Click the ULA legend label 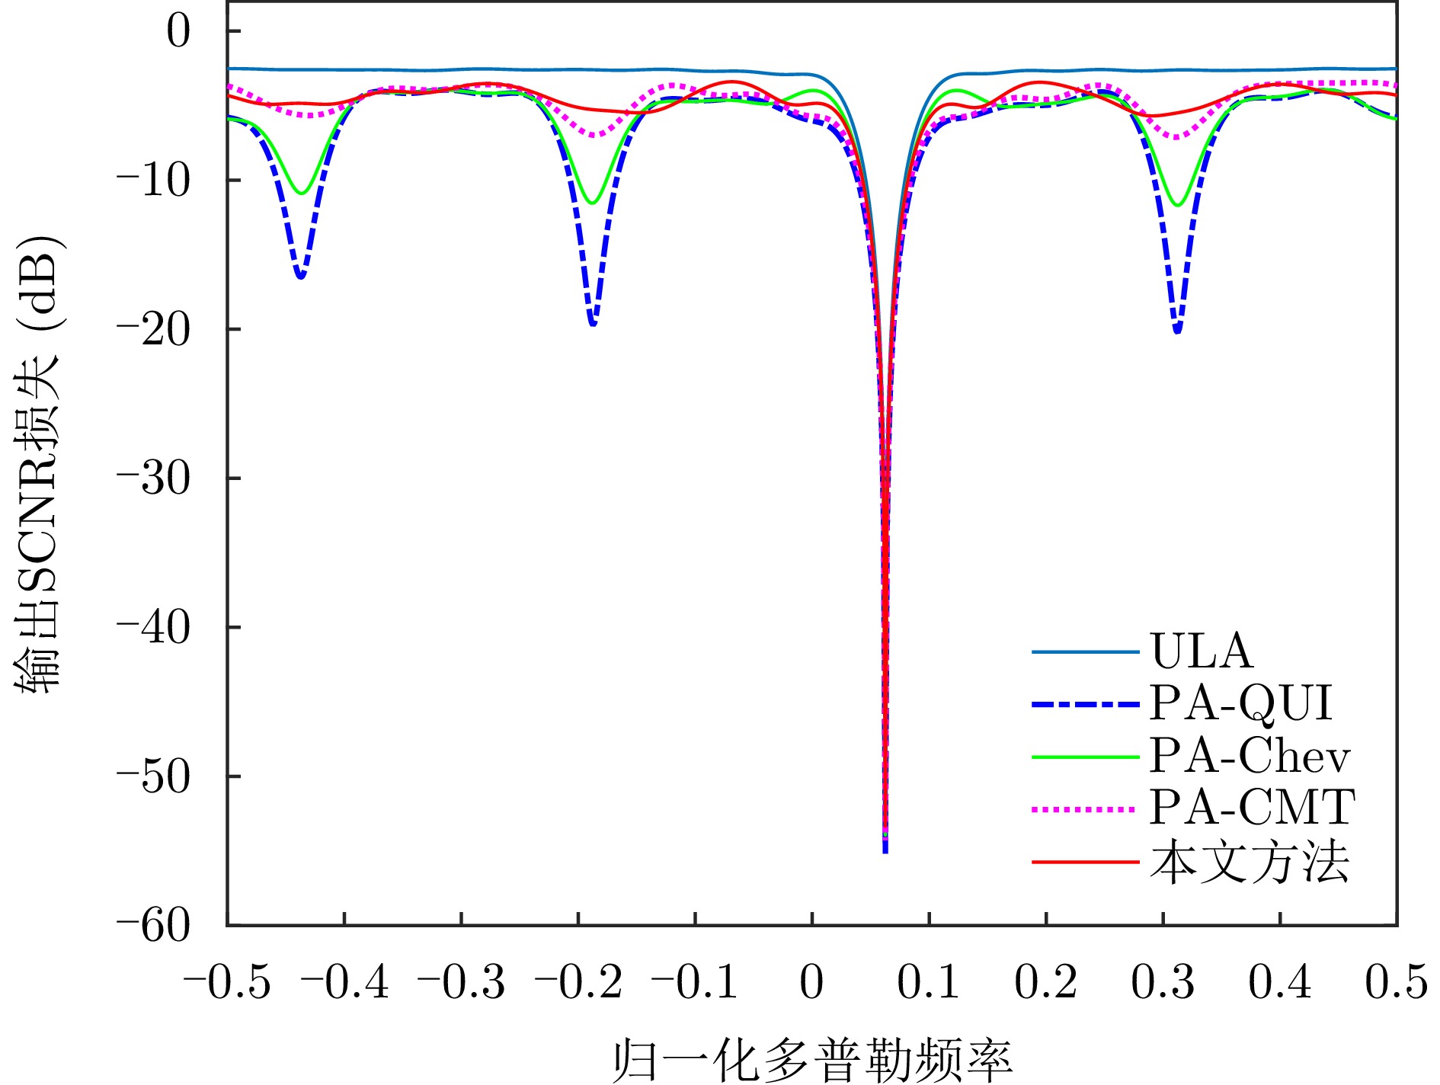pyautogui.click(x=1202, y=651)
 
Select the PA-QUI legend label pyautogui.click(x=1241, y=703)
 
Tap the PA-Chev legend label pyautogui.click(x=1250, y=755)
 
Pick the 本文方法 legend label pyautogui.click(x=1250, y=863)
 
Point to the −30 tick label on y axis pyautogui.click(x=152, y=478)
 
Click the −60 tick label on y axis pyautogui.click(x=152, y=926)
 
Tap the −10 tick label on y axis pyautogui.click(x=152, y=181)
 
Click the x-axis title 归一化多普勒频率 pyautogui.click(x=812, y=1059)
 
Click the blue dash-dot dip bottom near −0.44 pyautogui.click(x=300, y=276)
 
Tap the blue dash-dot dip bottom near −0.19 pyautogui.click(x=593, y=324)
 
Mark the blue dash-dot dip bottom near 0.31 pyautogui.click(x=1178, y=331)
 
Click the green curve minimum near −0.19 pyautogui.click(x=591, y=203)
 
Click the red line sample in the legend pyautogui.click(x=1085, y=863)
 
